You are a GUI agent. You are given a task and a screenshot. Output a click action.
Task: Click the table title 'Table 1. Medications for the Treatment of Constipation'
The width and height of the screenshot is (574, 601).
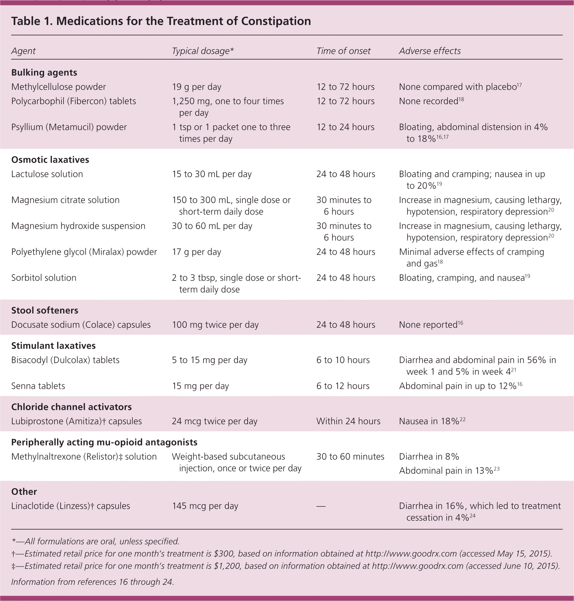(x=161, y=21)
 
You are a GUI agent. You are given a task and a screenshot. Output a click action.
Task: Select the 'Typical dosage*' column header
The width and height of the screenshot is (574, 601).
(x=203, y=51)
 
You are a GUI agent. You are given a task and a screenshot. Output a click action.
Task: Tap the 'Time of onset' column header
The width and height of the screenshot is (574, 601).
(x=343, y=51)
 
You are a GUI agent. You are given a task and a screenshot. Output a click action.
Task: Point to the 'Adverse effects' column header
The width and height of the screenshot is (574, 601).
(x=430, y=51)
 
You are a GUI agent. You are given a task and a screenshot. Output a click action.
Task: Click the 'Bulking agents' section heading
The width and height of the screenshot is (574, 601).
(x=44, y=73)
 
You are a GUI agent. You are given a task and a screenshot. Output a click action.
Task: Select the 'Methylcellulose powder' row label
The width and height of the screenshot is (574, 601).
(x=59, y=87)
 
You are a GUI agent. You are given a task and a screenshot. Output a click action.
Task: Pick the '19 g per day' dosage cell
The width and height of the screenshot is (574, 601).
(x=196, y=87)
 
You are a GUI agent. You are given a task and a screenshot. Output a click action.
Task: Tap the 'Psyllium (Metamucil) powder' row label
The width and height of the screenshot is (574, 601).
(x=69, y=127)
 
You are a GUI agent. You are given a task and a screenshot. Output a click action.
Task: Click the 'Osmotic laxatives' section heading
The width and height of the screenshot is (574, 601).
(x=50, y=160)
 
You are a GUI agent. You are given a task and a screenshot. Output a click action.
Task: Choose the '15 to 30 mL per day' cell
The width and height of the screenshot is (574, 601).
(x=212, y=174)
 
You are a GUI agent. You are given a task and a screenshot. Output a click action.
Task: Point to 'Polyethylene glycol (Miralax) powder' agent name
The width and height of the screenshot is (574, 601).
(x=84, y=252)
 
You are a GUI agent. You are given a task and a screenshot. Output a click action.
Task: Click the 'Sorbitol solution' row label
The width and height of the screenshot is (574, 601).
(x=44, y=278)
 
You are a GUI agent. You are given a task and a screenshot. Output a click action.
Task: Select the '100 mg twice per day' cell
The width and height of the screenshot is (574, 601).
(x=215, y=325)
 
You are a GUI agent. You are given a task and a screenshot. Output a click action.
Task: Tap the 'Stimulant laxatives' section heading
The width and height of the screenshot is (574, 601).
(x=54, y=346)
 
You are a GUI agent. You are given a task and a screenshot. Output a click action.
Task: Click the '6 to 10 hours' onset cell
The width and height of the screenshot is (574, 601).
(x=343, y=360)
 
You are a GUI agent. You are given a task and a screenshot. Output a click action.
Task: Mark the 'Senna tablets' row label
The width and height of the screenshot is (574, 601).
(x=38, y=386)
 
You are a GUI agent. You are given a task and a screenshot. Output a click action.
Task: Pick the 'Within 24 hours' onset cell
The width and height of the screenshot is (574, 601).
(x=348, y=421)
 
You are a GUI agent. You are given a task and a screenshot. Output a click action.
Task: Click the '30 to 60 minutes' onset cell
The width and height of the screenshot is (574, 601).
(x=350, y=457)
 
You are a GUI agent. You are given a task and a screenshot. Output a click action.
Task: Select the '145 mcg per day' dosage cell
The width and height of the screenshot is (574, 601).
(x=205, y=506)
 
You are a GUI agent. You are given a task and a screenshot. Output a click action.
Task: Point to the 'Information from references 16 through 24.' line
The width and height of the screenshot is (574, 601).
(x=93, y=582)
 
